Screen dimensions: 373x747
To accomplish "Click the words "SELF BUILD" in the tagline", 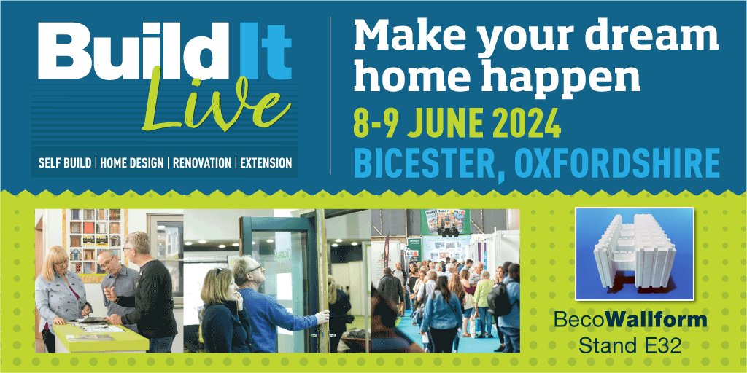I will [x=66, y=163].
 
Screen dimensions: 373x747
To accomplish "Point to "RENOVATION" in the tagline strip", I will [x=201, y=163].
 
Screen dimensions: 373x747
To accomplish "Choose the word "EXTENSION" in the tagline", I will [x=266, y=163].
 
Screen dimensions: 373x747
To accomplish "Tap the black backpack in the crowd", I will [x=500, y=299].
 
